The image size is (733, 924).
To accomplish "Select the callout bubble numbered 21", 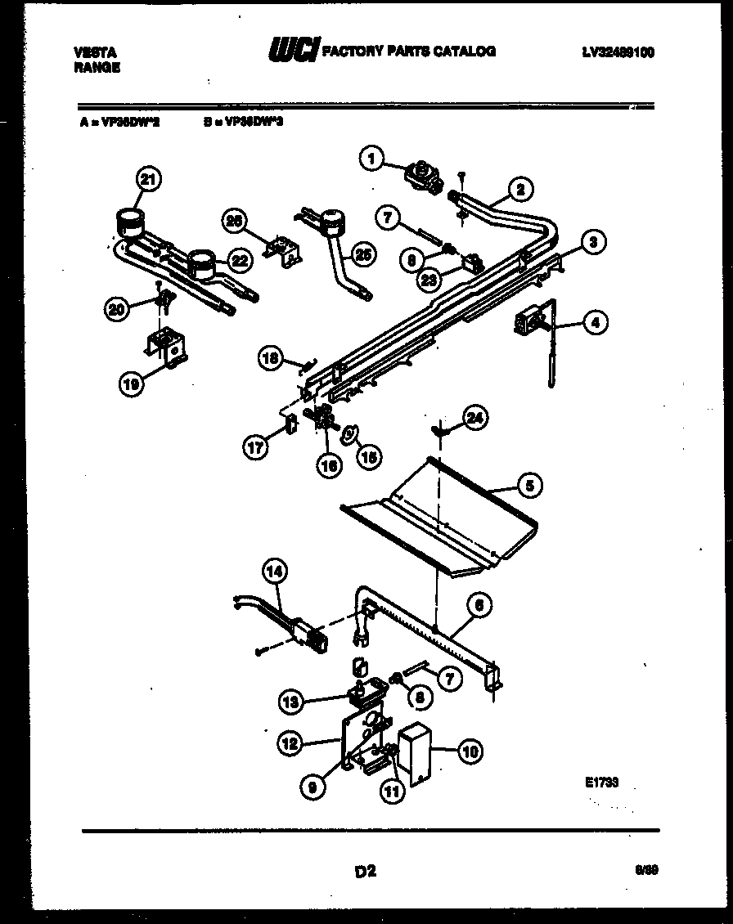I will click(x=150, y=179).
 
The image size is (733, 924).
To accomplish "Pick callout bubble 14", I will click(x=275, y=572).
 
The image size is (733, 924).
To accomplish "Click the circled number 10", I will click(x=470, y=751).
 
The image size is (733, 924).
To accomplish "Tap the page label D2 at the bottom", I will click(x=365, y=872).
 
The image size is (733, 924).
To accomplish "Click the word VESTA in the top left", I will click(x=92, y=52).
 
